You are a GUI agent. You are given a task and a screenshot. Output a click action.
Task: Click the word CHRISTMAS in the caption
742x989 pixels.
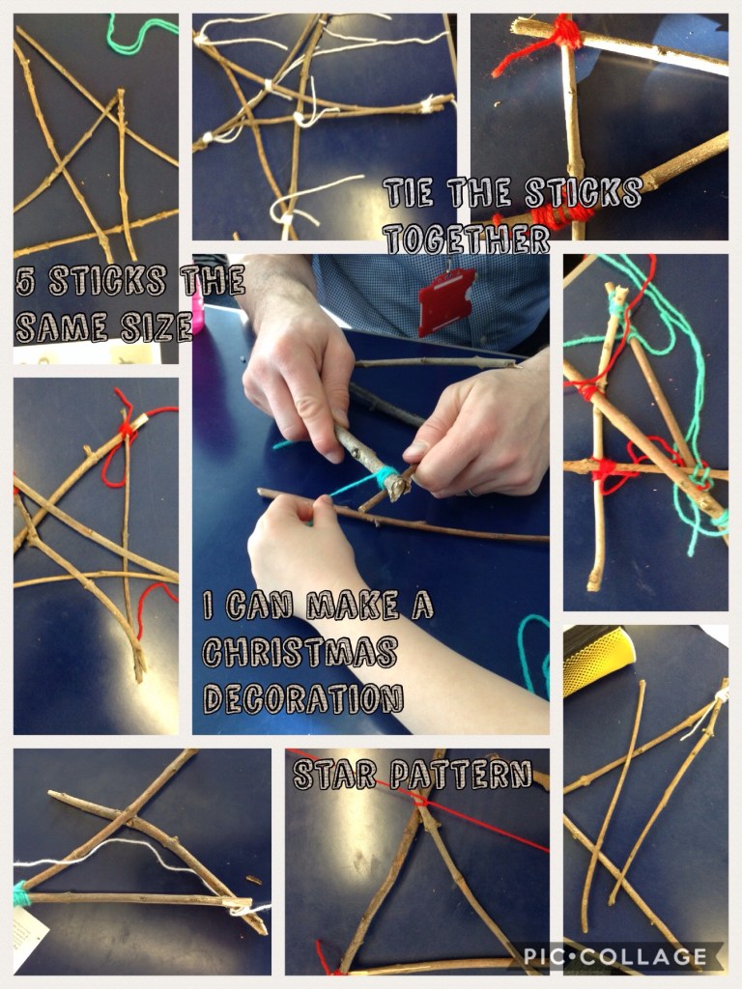coord(300,652)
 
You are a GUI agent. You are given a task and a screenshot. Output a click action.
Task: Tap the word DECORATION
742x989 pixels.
coord(302,699)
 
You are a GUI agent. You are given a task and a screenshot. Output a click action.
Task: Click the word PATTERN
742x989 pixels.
coord(461,775)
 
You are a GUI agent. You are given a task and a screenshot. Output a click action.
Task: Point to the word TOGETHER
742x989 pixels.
coord(467,240)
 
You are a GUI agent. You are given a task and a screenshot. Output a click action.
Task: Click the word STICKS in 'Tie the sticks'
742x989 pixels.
coord(584,192)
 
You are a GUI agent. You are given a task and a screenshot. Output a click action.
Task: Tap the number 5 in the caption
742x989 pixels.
coord(26,281)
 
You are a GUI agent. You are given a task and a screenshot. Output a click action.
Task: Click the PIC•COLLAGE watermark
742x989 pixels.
coord(615,955)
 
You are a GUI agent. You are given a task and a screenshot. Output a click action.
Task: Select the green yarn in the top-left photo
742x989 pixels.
coord(141,34)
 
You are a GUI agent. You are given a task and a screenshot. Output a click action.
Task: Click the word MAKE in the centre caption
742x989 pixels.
coord(353,606)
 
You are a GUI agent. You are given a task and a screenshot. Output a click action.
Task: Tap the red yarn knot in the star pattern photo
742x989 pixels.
coord(419,801)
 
